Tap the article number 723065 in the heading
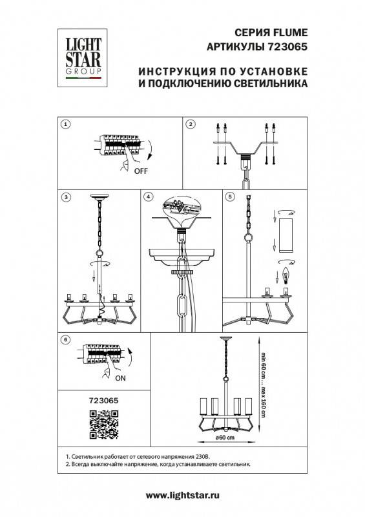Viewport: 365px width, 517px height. pos(287,47)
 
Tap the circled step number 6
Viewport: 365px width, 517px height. pos(65,339)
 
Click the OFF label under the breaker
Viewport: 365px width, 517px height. pos(141,173)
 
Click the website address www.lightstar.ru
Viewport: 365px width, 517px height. pos(182,495)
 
